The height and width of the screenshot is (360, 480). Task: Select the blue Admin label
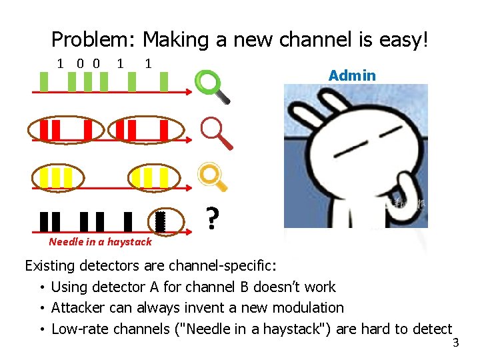click(352, 75)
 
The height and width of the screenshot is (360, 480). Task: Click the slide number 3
click(456, 343)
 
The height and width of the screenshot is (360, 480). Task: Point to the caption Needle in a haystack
click(100, 242)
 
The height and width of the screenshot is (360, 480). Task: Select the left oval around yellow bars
click(57, 177)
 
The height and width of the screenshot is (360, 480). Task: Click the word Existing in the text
click(50, 267)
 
